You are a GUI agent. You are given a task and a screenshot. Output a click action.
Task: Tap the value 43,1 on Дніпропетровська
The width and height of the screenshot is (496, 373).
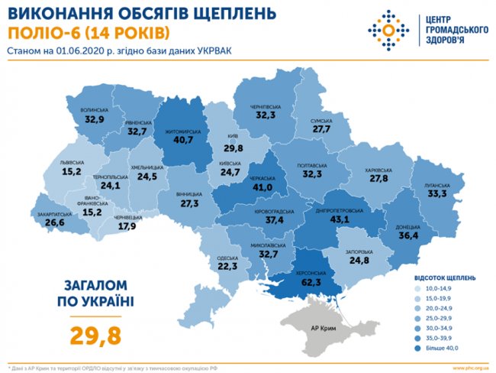[x=333, y=219]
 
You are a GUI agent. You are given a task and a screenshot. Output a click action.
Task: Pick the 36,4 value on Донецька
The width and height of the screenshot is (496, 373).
[x=408, y=236]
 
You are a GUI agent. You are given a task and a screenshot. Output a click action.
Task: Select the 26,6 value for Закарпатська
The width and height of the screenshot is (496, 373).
[x=55, y=223]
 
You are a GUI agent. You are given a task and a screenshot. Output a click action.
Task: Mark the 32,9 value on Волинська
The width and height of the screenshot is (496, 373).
[x=95, y=120]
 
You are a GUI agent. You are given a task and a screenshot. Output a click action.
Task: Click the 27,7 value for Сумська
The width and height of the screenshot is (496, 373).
[x=320, y=131]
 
